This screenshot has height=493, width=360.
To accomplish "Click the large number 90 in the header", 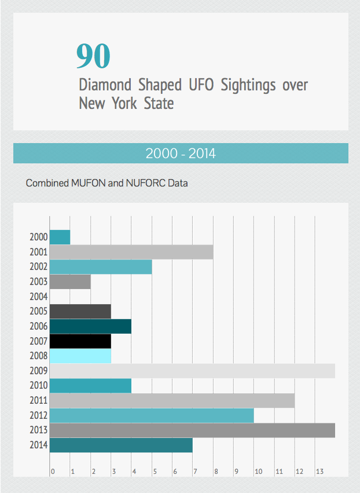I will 93,56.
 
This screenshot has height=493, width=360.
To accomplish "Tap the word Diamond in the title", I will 105,85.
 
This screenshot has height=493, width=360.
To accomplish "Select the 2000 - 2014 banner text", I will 181,154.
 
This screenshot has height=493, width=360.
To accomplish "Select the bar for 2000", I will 60,237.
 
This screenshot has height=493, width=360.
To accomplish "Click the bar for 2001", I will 131,252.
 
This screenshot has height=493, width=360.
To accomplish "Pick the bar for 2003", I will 70,282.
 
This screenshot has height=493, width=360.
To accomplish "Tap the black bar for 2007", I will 80,341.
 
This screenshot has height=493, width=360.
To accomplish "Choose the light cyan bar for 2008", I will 80,356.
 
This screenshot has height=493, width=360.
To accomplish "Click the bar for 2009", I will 192,371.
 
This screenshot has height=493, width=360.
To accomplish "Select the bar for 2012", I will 152,415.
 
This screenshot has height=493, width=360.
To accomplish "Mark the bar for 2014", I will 121,445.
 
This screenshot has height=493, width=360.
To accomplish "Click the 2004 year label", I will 39,297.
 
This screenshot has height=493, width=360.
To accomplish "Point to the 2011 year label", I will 39,400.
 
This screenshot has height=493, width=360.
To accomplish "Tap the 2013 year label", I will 39,430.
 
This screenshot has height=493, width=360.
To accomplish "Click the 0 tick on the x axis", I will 53,472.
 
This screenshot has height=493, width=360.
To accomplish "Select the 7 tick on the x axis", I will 195,472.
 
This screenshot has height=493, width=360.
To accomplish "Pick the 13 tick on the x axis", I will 318,472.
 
